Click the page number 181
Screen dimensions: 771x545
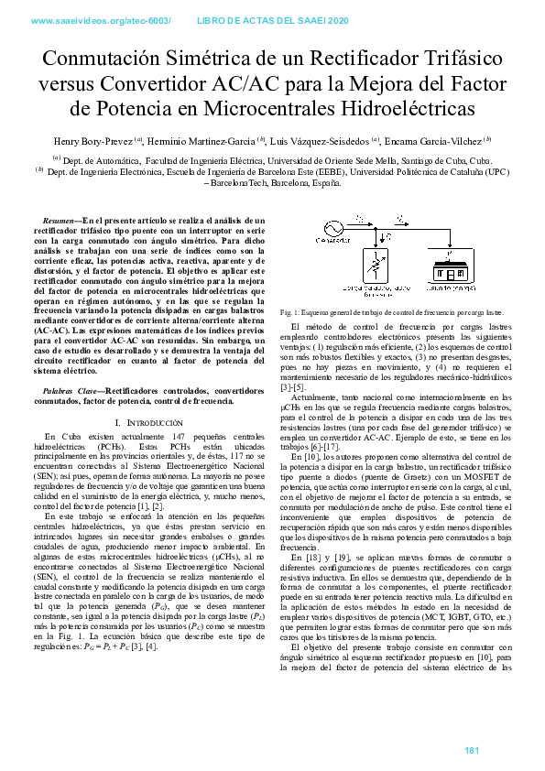[x=473, y=751]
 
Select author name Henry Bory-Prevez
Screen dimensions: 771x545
[x=92, y=141]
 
